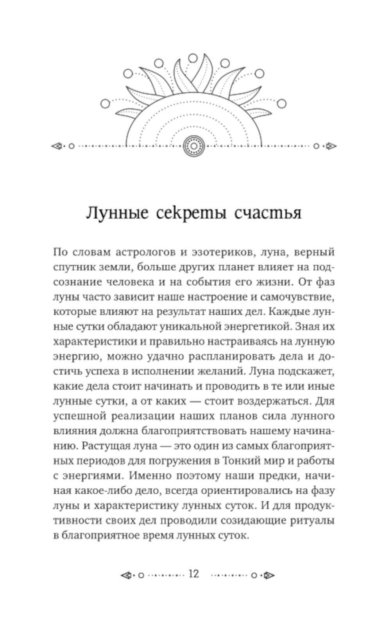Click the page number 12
[194, 574]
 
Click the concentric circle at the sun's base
[194, 146]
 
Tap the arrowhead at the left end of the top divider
[57, 146]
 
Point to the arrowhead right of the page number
[269, 575]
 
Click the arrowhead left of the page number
[126, 575]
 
